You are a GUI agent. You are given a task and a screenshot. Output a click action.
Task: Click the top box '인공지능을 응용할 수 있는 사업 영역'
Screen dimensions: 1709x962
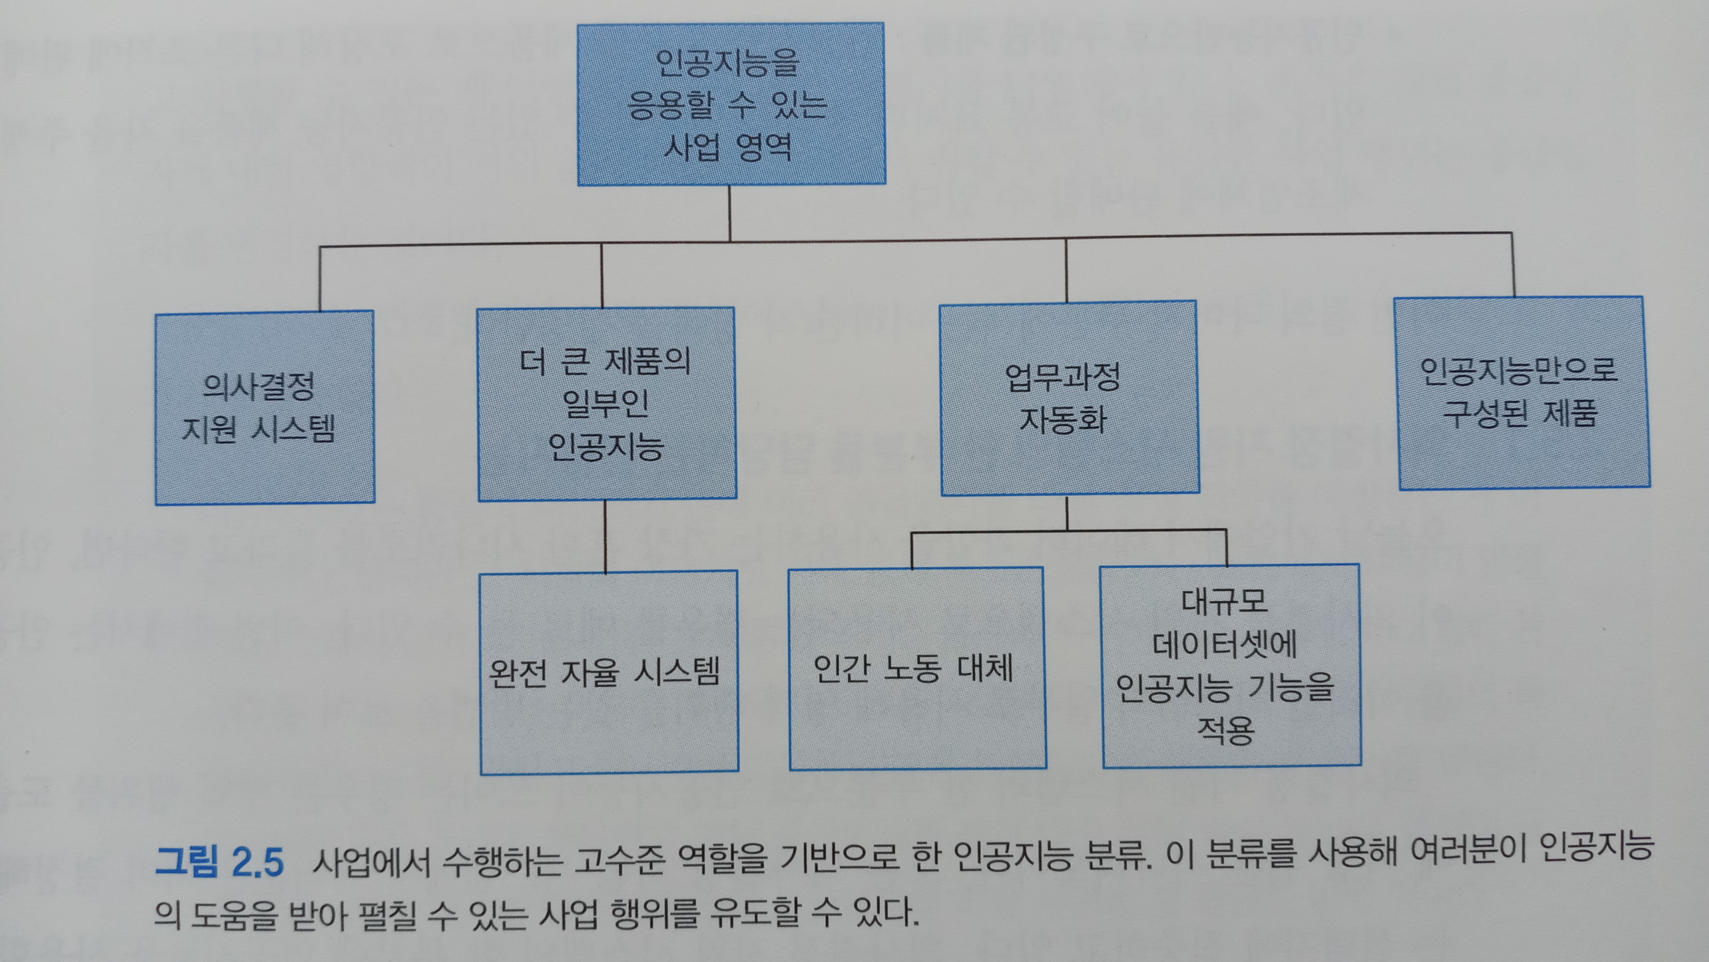[731, 104]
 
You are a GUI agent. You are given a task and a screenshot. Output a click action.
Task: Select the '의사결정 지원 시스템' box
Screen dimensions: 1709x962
[265, 408]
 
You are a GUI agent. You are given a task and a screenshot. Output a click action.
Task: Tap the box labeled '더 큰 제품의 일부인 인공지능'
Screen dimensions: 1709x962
[607, 404]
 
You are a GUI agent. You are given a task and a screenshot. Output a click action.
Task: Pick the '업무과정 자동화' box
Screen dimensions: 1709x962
[1069, 399]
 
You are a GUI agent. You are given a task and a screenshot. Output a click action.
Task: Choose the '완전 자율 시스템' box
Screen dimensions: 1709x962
[609, 672]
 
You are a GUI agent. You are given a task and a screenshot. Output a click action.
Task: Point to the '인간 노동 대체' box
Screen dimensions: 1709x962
[917, 669]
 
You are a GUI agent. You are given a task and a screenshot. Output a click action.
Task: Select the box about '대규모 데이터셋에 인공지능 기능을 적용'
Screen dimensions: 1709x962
[1231, 665]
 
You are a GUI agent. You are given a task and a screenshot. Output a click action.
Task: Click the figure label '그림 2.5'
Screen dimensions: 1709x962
[220, 861]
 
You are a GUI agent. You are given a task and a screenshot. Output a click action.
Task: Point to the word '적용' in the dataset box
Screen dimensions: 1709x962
[1225, 730]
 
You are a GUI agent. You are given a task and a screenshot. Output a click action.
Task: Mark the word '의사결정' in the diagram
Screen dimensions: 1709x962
[258, 385]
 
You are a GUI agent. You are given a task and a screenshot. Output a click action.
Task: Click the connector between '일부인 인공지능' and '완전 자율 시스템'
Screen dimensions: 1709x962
[605, 534]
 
